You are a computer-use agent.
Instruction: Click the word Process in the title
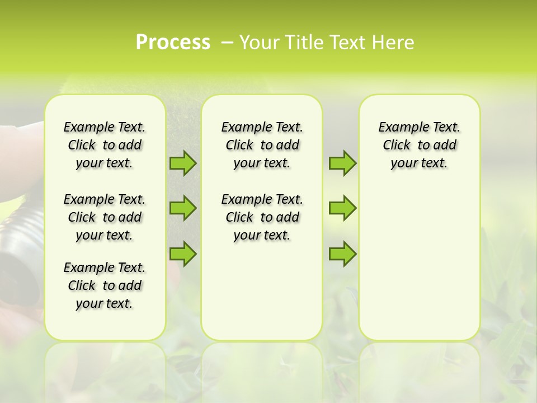[x=173, y=43]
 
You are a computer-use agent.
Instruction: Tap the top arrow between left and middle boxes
[x=183, y=163]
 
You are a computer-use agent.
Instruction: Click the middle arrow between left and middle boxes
[x=183, y=208]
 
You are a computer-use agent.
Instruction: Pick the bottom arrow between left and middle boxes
[x=183, y=254]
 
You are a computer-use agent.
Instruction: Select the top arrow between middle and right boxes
[x=342, y=163]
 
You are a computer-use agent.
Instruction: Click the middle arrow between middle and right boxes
[x=342, y=208]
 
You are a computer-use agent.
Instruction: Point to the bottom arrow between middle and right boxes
[x=342, y=254]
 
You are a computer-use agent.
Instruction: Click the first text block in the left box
[x=105, y=145]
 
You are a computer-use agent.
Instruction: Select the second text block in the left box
[x=105, y=217]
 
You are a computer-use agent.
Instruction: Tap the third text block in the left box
[x=105, y=285]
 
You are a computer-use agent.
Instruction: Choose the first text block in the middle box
[x=262, y=145]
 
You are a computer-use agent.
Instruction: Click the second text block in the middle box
[x=262, y=217]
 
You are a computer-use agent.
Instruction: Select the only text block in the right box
[x=420, y=145]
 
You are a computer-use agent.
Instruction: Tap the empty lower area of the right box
[x=420, y=263]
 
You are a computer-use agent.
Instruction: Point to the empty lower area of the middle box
[x=262, y=291]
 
